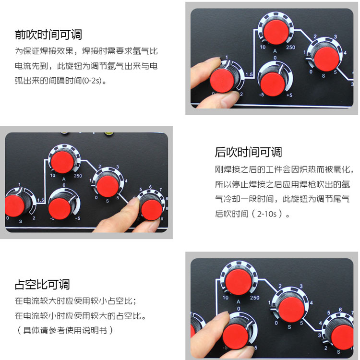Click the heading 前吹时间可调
48,35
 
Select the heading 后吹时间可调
248,152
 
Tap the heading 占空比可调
42,285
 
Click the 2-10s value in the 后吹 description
267,214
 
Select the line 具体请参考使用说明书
65,330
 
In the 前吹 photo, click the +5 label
289,95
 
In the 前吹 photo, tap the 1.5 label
249,74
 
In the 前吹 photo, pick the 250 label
290,48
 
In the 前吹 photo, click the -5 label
262,95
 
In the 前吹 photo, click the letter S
324,76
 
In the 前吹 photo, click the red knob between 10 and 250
276,32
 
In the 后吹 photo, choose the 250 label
78,176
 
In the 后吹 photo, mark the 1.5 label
41,200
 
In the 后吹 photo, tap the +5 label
78,218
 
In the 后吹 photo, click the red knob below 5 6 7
151,210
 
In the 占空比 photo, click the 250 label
254,298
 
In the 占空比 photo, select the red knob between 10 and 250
238,282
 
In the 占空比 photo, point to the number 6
340,310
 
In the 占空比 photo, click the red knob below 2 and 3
291,310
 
